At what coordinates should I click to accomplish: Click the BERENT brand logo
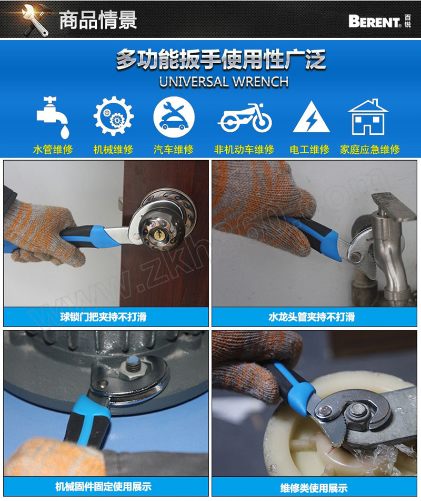point(379,21)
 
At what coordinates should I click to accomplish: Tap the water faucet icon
point(53,117)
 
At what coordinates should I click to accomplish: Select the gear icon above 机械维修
point(113,116)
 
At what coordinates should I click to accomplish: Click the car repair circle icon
point(174,117)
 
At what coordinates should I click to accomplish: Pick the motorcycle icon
point(245,117)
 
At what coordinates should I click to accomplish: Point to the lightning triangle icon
point(311,117)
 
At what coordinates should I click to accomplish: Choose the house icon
point(368,117)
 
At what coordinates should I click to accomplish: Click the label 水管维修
point(53,149)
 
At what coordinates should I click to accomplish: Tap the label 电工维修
point(309,149)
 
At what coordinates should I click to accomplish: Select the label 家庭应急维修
point(369,149)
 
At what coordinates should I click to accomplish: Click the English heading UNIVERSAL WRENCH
point(224,82)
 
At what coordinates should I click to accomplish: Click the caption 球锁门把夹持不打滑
point(103,317)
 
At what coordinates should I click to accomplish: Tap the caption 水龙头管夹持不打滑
point(312,317)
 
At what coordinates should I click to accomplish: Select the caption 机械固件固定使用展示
point(104,486)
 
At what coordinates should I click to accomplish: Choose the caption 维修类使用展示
point(314,488)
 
